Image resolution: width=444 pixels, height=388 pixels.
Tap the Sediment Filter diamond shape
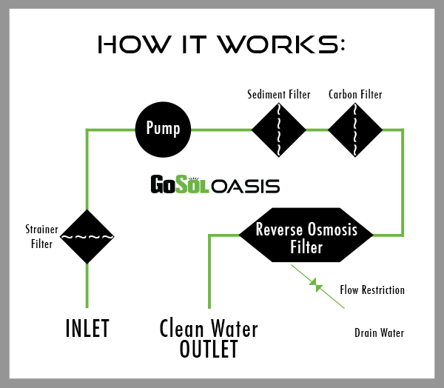click(279, 130)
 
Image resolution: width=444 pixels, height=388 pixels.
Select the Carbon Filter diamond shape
click(354, 130)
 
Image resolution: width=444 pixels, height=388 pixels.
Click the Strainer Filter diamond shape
click(87, 237)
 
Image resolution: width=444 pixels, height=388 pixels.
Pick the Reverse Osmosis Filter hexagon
click(306, 237)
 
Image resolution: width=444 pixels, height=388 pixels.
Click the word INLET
click(88, 327)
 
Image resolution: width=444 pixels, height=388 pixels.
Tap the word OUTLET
click(209, 349)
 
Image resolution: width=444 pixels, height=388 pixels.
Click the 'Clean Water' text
click(209, 327)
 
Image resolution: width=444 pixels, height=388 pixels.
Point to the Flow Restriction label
click(372, 290)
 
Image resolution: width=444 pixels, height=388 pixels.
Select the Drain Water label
click(379, 333)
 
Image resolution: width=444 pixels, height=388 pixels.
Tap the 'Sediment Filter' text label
click(278, 95)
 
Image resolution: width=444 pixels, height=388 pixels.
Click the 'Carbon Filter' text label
click(354, 95)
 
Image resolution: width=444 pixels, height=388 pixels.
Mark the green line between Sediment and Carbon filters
click(317, 130)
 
